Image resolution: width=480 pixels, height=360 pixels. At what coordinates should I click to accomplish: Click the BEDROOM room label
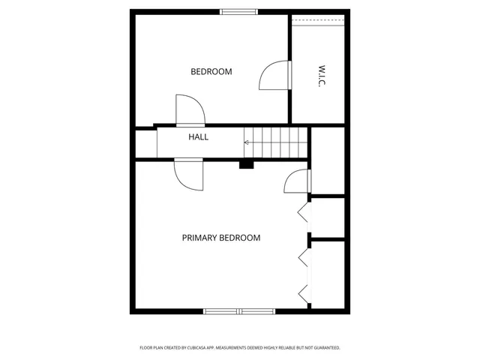pyautogui.click(x=211, y=72)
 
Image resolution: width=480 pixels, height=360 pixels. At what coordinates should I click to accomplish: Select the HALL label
pyautogui.click(x=198, y=137)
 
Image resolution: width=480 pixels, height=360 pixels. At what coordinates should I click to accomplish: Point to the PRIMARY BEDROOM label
pyautogui.click(x=221, y=238)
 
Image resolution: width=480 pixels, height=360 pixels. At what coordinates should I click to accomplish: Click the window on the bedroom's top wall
pyautogui.click(x=238, y=11)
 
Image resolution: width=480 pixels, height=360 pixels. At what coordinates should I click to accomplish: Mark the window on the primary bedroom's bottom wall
pyautogui.click(x=239, y=310)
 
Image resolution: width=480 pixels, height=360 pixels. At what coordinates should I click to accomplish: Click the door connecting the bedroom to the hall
pyautogui.click(x=190, y=111)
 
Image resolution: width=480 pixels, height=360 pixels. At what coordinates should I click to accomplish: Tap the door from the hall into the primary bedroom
pyautogui.click(x=188, y=175)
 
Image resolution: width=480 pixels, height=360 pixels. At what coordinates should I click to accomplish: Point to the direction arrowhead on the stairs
pyautogui.click(x=247, y=142)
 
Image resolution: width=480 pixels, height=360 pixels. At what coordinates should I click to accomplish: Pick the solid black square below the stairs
pyautogui.click(x=246, y=163)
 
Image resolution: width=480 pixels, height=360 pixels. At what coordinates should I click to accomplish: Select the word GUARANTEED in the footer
pyautogui.click(x=323, y=348)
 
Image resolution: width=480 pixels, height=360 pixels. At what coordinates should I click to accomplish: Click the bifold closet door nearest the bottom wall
pyautogui.click(x=304, y=292)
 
